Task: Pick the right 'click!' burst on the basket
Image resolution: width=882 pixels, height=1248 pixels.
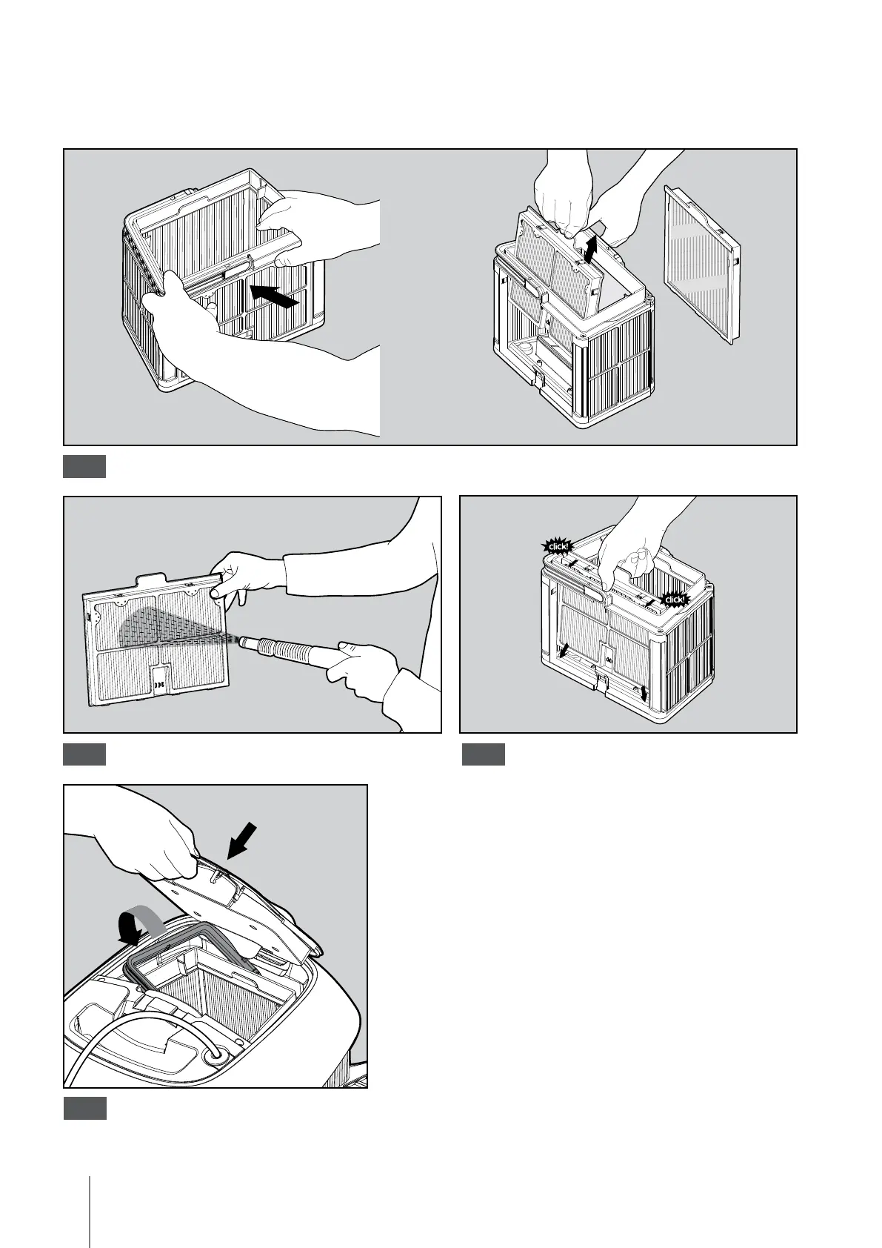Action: click(674, 599)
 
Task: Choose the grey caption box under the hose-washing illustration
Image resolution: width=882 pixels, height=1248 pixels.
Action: click(84, 754)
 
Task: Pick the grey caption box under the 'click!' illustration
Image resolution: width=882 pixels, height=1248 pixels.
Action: click(483, 754)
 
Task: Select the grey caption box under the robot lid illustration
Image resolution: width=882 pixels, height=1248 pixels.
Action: click(84, 1109)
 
